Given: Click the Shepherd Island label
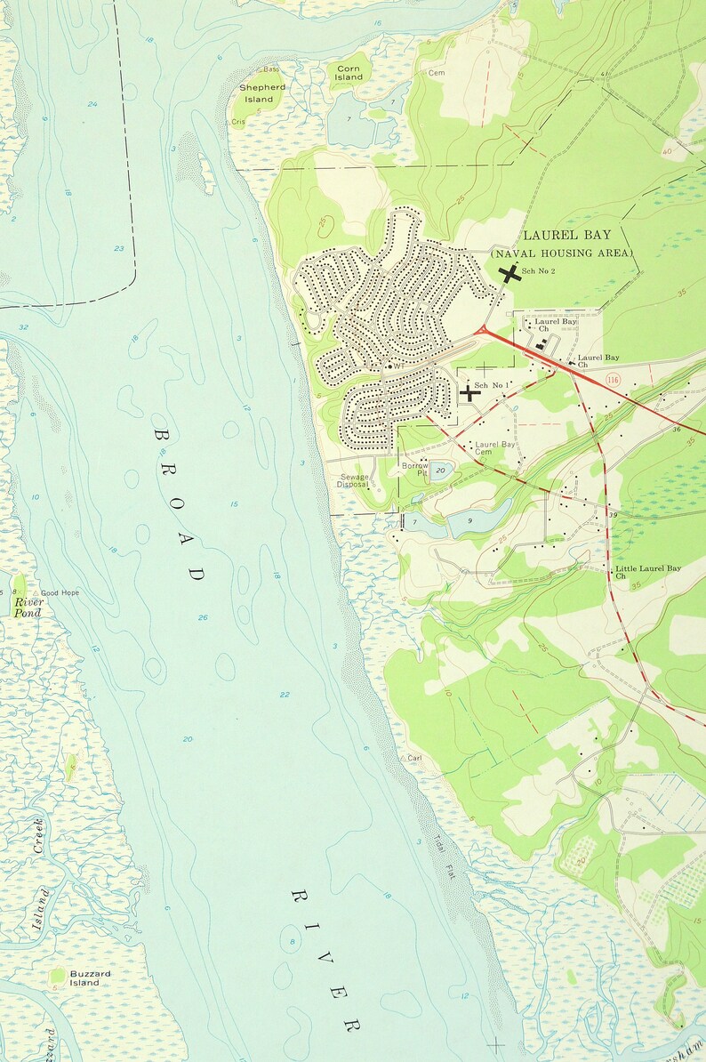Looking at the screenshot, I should pyautogui.click(x=262, y=93).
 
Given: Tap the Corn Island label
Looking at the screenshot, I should pyautogui.click(x=349, y=72).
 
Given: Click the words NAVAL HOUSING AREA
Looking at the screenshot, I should pyautogui.click(x=564, y=253).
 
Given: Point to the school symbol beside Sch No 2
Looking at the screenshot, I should pyautogui.click(x=509, y=275).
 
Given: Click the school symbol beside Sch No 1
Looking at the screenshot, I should pyautogui.click(x=469, y=392).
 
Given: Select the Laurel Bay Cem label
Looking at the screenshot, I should pyautogui.click(x=494, y=448).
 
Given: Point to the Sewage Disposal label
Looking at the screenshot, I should pyautogui.click(x=353, y=481).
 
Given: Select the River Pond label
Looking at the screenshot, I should pyautogui.click(x=28, y=607).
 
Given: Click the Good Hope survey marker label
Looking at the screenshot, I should pyautogui.click(x=60, y=592).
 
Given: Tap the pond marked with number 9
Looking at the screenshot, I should pyautogui.click(x=471, y=522).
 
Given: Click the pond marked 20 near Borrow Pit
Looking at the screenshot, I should pyautogui.click(x=440, y=471).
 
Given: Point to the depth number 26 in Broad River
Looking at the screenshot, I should pyautogui.click(x=204, y=617).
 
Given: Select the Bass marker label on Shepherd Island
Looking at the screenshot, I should pyautogui.click(x=268, y=69).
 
